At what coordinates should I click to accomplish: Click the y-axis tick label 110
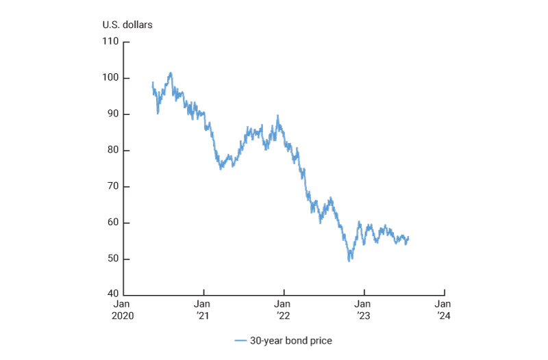(110, 42)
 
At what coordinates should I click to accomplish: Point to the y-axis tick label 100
(110, 78)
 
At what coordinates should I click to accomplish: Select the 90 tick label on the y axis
(112, 114)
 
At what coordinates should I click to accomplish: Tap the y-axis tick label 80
(112, 151)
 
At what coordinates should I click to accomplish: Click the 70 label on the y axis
(112, 187)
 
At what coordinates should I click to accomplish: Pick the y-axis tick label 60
(112, 223)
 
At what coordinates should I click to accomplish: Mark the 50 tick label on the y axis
(112, 259)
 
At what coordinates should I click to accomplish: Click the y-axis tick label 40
(112, 295)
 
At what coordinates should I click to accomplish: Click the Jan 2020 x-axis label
(123, 309)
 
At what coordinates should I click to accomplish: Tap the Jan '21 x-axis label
(203, 309)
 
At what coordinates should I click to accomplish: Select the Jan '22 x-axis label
(283, 309)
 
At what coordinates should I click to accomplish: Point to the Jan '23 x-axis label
(364, 309)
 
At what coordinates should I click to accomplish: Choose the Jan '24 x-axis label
(444, 309)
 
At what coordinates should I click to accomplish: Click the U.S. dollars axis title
(127, 25)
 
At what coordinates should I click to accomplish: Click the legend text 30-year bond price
(291, 340)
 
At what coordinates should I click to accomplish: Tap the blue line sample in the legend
(240, 340)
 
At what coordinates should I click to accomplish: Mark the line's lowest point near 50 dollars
(350, 261)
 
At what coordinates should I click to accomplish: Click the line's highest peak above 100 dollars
(171, 73)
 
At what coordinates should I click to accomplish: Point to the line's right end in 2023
(408, 237)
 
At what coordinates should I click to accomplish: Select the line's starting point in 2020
(152, 83)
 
